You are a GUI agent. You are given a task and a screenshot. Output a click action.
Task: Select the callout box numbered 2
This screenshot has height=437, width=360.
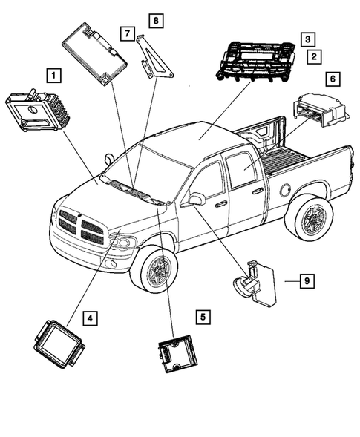[x=315, y=56]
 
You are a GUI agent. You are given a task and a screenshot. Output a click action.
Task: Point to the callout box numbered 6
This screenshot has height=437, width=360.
[x=332, y=78]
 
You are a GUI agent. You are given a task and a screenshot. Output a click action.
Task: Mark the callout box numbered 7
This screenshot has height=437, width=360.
[x=128, y=34]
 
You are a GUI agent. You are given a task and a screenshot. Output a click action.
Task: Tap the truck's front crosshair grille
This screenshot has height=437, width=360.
[x=81, y=226]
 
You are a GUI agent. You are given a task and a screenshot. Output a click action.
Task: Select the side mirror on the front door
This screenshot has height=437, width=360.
[x=197, y=198]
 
